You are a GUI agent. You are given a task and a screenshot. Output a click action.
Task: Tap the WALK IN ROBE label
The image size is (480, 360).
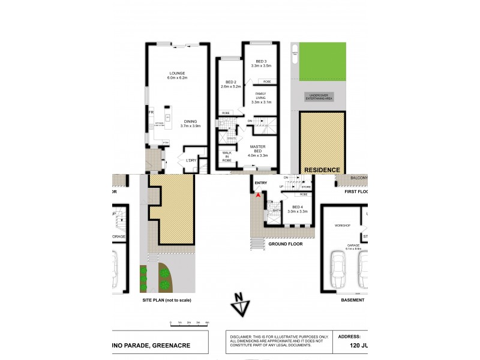point(227,158)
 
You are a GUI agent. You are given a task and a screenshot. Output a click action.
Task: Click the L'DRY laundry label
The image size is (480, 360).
point(191,161)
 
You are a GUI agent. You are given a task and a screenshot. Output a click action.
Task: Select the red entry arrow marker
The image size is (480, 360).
point(258,194)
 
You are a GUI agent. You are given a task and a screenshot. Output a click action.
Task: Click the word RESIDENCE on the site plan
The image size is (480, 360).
point(322,170)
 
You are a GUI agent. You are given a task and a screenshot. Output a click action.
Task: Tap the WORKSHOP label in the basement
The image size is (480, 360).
point(343,225)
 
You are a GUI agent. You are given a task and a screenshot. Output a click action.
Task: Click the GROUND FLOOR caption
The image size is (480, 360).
point(285,245)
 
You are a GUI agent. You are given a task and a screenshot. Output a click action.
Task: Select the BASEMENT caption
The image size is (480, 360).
point(352,299)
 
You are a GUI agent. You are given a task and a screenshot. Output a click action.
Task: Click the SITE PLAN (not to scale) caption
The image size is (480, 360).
point(167,299)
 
